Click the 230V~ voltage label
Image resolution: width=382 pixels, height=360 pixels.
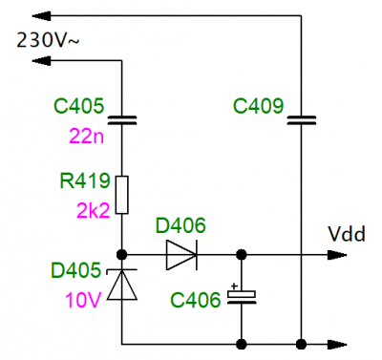[x=48, y=40]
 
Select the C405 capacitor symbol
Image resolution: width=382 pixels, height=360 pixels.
[x=122, y=120]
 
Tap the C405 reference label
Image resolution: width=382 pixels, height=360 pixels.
[x=79, y=106]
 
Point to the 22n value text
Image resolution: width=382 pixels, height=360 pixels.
[x=86, y=137]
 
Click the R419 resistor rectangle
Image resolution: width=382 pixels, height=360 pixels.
[x=122, y=195]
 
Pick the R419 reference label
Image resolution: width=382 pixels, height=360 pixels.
[x=85, y=180]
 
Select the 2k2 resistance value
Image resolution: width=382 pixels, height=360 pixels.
[x=93, y=210]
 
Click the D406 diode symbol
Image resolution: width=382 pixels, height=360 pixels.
[x=181, y=255]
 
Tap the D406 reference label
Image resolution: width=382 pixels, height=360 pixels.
[x=180, y=225]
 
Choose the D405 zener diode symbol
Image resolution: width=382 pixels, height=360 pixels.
[x=122, y=285]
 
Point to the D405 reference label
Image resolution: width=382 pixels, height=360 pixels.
[x=75, y=270]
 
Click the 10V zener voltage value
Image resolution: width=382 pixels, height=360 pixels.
[x=83, y=300]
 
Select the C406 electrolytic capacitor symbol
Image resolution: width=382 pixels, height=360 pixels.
[x=242, y=297]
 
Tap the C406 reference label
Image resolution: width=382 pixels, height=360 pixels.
[x=196, y=300]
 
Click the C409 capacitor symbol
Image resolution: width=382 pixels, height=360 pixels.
[x=301, y=120]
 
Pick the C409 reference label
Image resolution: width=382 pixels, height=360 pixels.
[x=258, y=106]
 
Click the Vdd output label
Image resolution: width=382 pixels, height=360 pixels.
[x=347, y=234]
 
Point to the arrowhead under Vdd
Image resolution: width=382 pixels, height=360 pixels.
[x=337, y=255]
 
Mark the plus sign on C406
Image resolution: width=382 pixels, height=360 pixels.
[x=234, y=286]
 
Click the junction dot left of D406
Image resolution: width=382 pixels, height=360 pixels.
[x=122, y=255]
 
